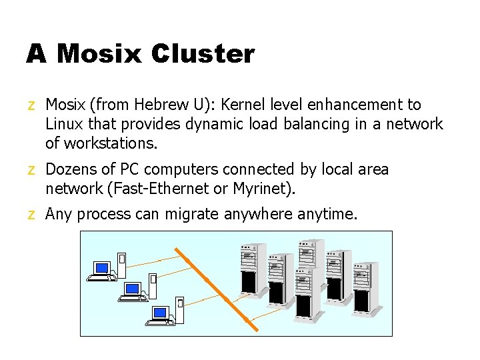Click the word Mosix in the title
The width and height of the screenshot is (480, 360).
pos(99,54)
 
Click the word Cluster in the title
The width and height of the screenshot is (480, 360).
pos(203,54)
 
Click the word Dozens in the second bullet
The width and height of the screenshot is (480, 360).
pos(71,169)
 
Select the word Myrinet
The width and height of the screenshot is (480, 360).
pos(262,189)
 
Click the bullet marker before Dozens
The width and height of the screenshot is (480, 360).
pos(31,170)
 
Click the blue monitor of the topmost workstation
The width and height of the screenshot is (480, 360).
pos(101,268)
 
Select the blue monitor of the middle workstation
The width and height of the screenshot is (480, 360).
pos(132,289)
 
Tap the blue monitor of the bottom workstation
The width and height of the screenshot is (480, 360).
pos(160,311)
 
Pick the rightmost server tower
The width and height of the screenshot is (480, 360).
pos(366,287)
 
